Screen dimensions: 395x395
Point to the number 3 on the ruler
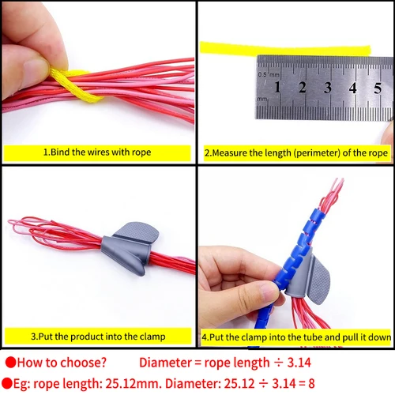pyautogui.click(x=328, y=88)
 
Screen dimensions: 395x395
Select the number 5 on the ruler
pyautogui.click(x=378, y=88)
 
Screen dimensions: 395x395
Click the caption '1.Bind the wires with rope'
pyautogui.click(x=96, y=152)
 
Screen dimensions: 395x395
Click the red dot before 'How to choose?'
pyautogui.click(x=10, y=363)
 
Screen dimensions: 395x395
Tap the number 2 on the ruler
pyautogui.click(x=303, y=88)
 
